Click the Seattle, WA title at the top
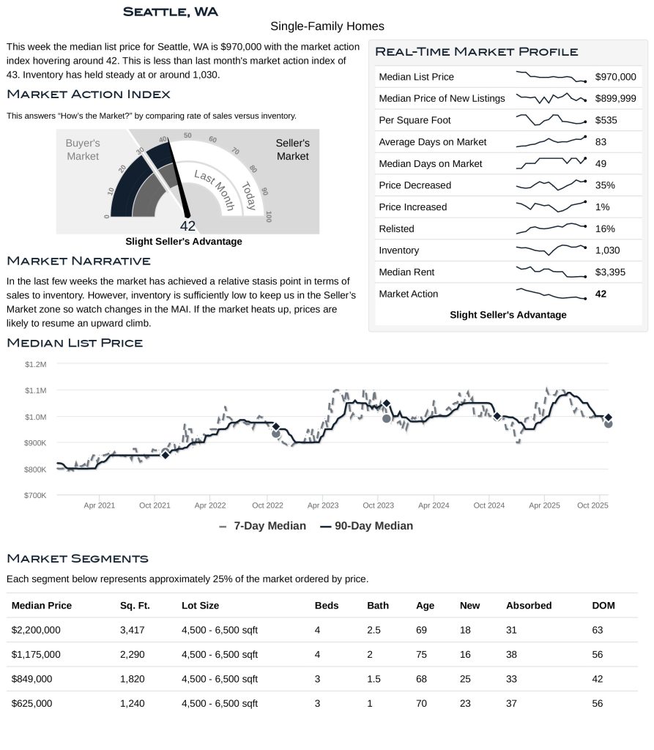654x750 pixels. click(170, 12)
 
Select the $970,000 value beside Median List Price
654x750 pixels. click(615, 77)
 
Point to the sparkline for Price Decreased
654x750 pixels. click(551, 185)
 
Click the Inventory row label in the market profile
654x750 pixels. click(398, 250)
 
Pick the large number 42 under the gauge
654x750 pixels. click(187, 226)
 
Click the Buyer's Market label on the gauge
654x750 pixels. click(83, 150)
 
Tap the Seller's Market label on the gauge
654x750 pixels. click(292, 150)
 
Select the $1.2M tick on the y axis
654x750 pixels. click(35, 364)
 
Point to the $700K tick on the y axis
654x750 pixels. click(35, 496)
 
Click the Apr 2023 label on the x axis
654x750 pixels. click(323, 505)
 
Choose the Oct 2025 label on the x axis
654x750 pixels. click(592, 505)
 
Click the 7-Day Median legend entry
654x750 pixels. click(263, 526)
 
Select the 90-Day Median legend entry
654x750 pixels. click(366, 526)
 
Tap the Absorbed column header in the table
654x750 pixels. click(529, 606)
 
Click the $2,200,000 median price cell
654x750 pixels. click(36, 630)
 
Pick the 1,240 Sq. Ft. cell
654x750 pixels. click(133, 704)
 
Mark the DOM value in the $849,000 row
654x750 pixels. click(598, 679)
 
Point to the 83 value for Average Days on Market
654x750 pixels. click(601, 142)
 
